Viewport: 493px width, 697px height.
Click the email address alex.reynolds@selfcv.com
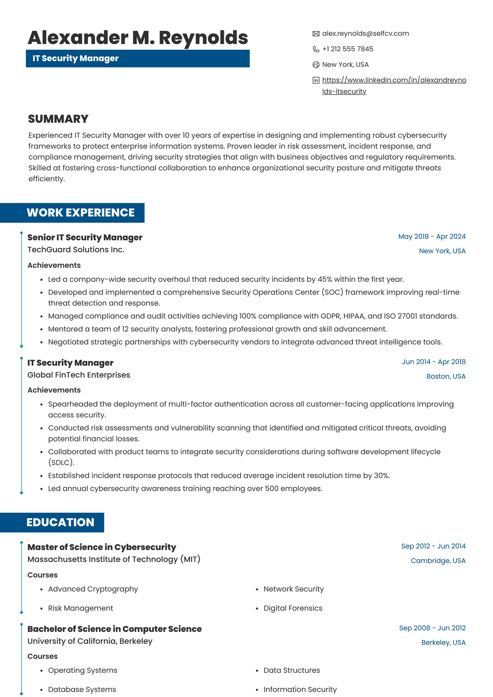click(365, 34)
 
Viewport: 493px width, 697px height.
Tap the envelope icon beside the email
click(316, 34)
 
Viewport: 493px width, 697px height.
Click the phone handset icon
click(316, 49)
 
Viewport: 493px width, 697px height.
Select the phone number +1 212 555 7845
click(348, 49)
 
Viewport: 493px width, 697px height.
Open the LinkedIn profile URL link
click(394, 80)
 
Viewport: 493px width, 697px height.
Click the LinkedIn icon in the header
click(316, 80)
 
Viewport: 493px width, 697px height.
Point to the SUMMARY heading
click(58, 119)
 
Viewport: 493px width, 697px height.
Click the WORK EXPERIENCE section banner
click(80, 213)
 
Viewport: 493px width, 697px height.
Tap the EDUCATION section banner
click(60, 522)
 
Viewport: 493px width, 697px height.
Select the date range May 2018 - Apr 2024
click(432, 236)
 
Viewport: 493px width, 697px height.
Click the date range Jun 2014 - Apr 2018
click(433, 362)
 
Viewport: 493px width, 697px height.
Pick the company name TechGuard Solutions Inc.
click(76, 250)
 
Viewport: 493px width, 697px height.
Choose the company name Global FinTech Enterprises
click(79, 375)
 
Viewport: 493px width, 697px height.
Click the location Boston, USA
click(446, 376)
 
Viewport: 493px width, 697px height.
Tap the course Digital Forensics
click(293, 608)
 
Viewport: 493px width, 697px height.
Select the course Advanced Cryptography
click(93, 589)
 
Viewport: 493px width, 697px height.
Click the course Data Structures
click(291, 670)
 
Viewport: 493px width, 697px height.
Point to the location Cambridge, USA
click(438, 561)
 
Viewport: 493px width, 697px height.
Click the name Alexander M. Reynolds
click(138, 38)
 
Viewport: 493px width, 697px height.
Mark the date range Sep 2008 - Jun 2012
click(432, 628)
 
